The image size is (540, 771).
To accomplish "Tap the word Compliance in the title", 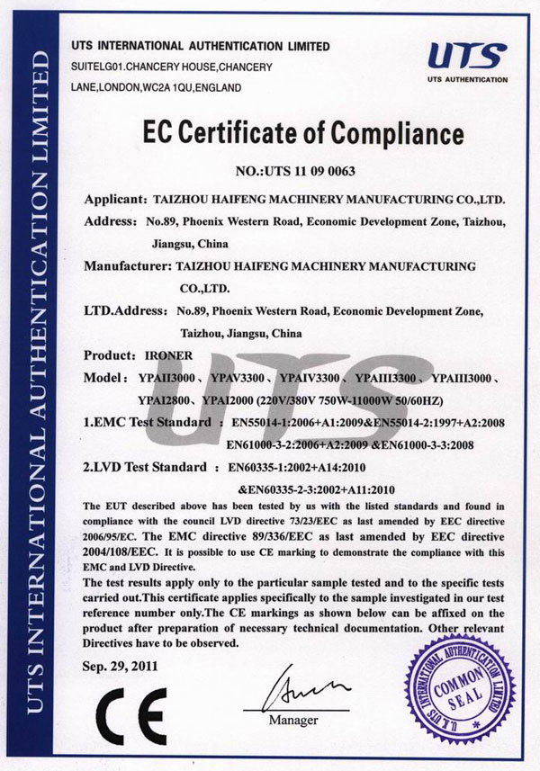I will [x=393, y=136].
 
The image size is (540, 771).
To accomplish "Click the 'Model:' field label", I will [x=103, y=376].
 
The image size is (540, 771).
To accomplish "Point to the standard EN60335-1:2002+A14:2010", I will [x=290, y=468].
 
